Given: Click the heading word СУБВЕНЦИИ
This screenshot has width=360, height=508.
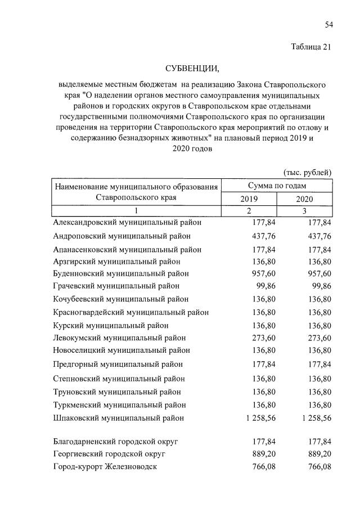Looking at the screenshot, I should [192, 69].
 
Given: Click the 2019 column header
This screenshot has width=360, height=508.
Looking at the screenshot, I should [249, 199].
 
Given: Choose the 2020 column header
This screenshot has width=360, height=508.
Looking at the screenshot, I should [304, 199].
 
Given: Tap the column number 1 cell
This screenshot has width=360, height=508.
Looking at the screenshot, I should [136, 211].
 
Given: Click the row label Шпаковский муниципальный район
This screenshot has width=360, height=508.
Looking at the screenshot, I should [118, 418].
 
